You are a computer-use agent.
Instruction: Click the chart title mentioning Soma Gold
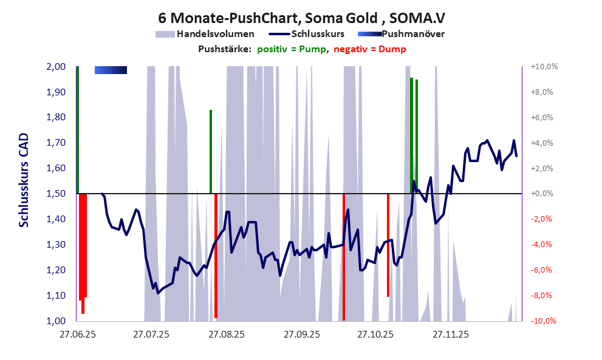point(301,16)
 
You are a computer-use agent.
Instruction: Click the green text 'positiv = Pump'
point(293,49)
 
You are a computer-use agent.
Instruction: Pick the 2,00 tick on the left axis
point(56,67)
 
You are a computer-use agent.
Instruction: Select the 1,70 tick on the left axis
point(56,143)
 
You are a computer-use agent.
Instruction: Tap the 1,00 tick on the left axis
point(56,321)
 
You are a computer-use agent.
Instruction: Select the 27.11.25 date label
point(450,334)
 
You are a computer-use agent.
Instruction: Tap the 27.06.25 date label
point(77,334)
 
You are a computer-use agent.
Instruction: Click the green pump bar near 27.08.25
point(210,152)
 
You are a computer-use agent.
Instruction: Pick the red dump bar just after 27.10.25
point(388,245)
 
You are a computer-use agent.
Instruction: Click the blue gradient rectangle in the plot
point(111,70)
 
